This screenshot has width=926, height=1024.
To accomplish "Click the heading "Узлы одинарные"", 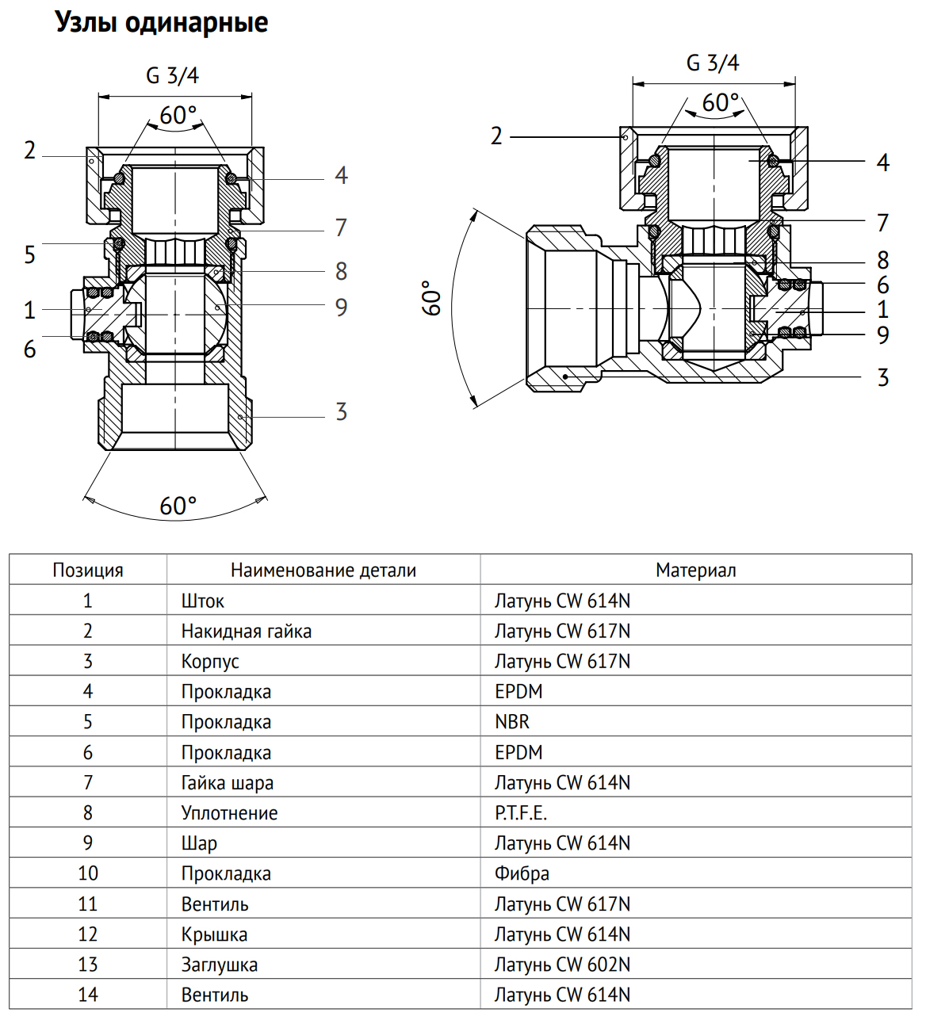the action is point(162,23).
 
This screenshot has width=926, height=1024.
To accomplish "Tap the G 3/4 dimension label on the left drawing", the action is point(172,75).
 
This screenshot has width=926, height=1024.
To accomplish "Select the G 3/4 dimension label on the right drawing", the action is point(713,63).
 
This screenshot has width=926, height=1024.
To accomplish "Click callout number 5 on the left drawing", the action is point(29,254).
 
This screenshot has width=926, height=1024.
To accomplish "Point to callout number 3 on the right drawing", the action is point(883,378).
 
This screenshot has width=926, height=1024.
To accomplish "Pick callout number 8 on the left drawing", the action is point(341,271).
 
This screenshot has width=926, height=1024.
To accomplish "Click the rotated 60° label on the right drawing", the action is point(432,297).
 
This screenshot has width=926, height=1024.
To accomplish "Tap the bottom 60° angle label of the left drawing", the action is point(178,506).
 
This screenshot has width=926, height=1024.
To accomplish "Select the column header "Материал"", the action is point(695,570).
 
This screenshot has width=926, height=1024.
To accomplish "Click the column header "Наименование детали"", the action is point(323,570).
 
